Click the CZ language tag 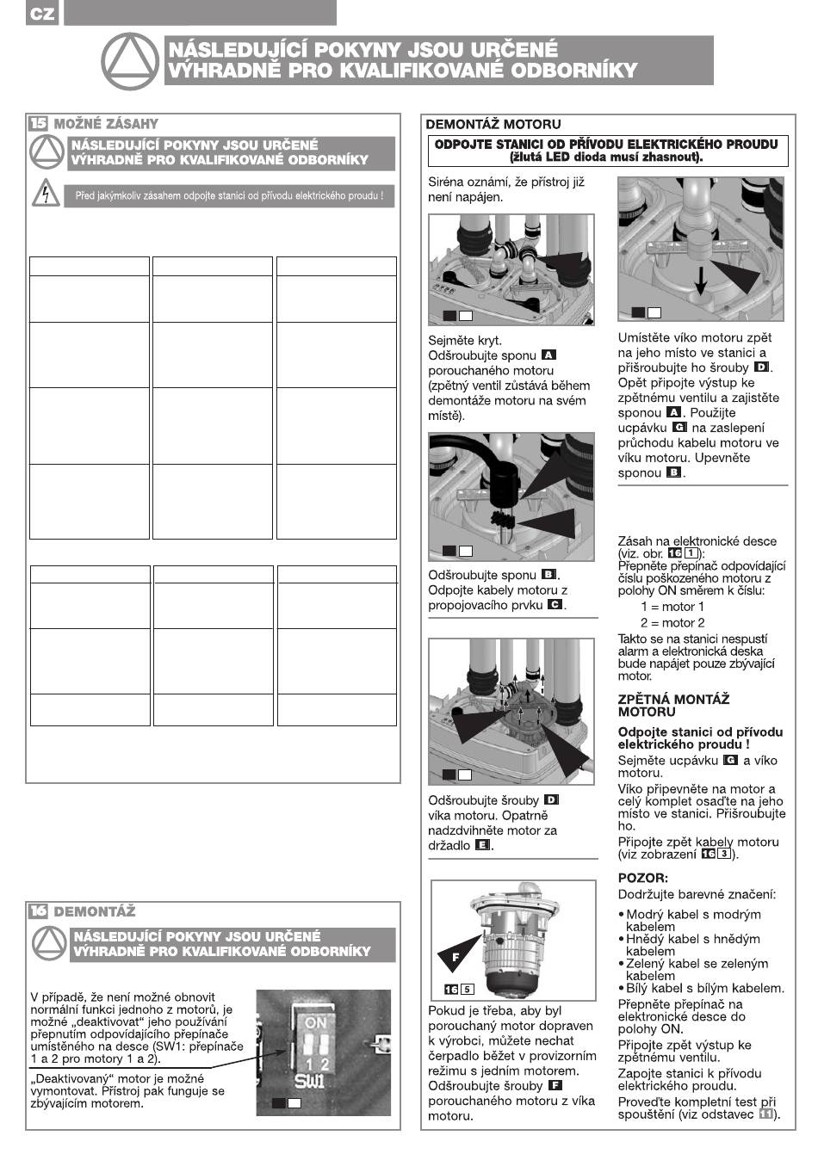tap(41, 15)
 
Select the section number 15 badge tap(39, 124)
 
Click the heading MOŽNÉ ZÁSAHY tap(106, 124)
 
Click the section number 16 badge tap(39, 911)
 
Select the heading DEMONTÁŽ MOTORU tap(493, 125)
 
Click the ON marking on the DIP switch tap(316, 1023)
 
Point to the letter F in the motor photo tap(455, 956)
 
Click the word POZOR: tap(642, 878)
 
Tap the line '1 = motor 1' tap(672, 607)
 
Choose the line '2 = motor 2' tap(672, 622)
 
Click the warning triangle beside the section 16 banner tap(50, 944)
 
